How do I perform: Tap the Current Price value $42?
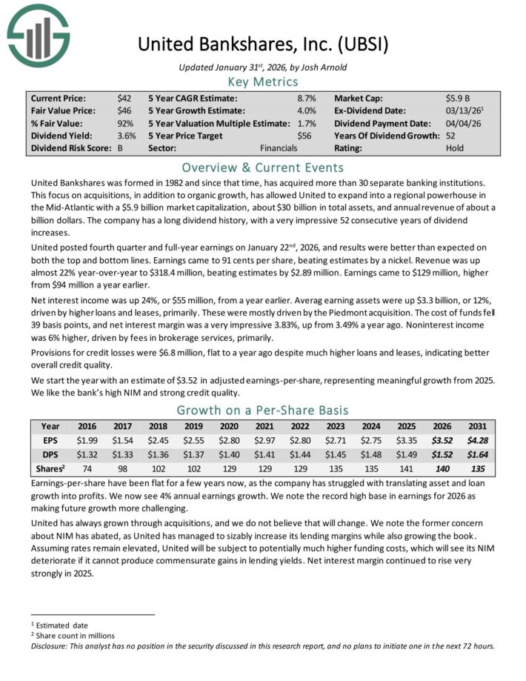coord(124,98)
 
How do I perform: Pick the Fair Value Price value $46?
coord(124,110)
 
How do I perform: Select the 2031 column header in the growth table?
coord(476,427)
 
